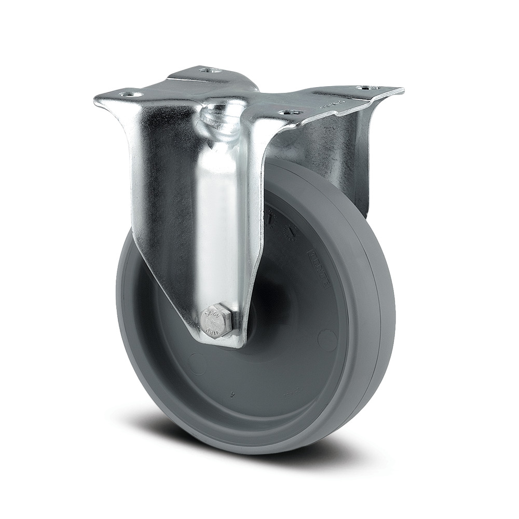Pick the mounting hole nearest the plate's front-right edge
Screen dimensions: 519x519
click(289, 112)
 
